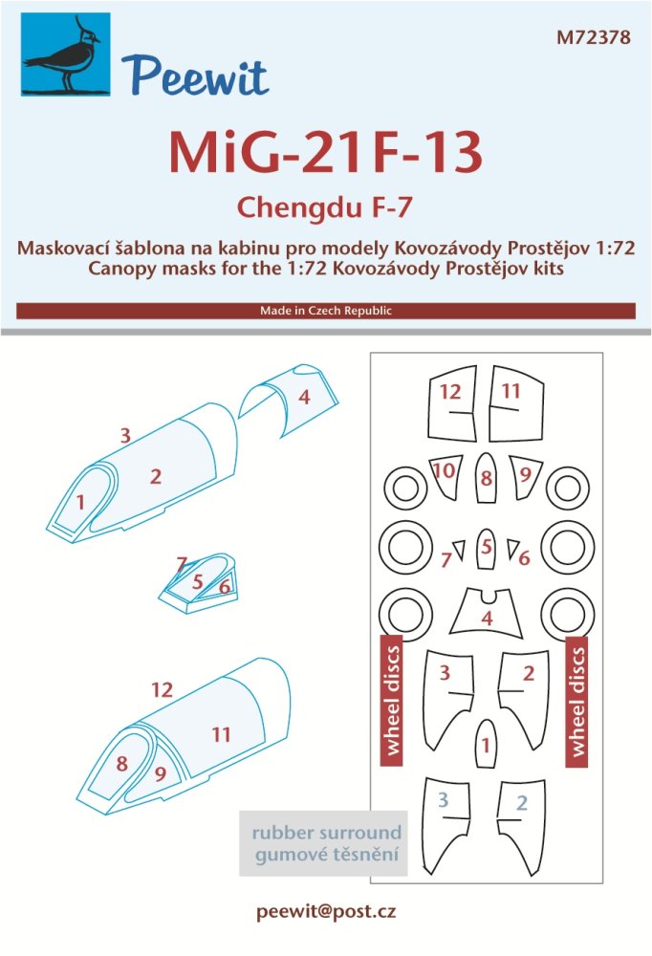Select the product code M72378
click(594, 38)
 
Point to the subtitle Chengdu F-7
click(325, 205)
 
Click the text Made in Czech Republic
click(325, 312)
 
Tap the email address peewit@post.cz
click(325, 912)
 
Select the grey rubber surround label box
click(323, 842)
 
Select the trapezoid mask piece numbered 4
click(487, 614)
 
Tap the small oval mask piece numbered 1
click(487, 743)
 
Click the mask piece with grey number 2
click(521, 824)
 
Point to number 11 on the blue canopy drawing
click(222, 734)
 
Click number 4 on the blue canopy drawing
click(303, 397)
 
